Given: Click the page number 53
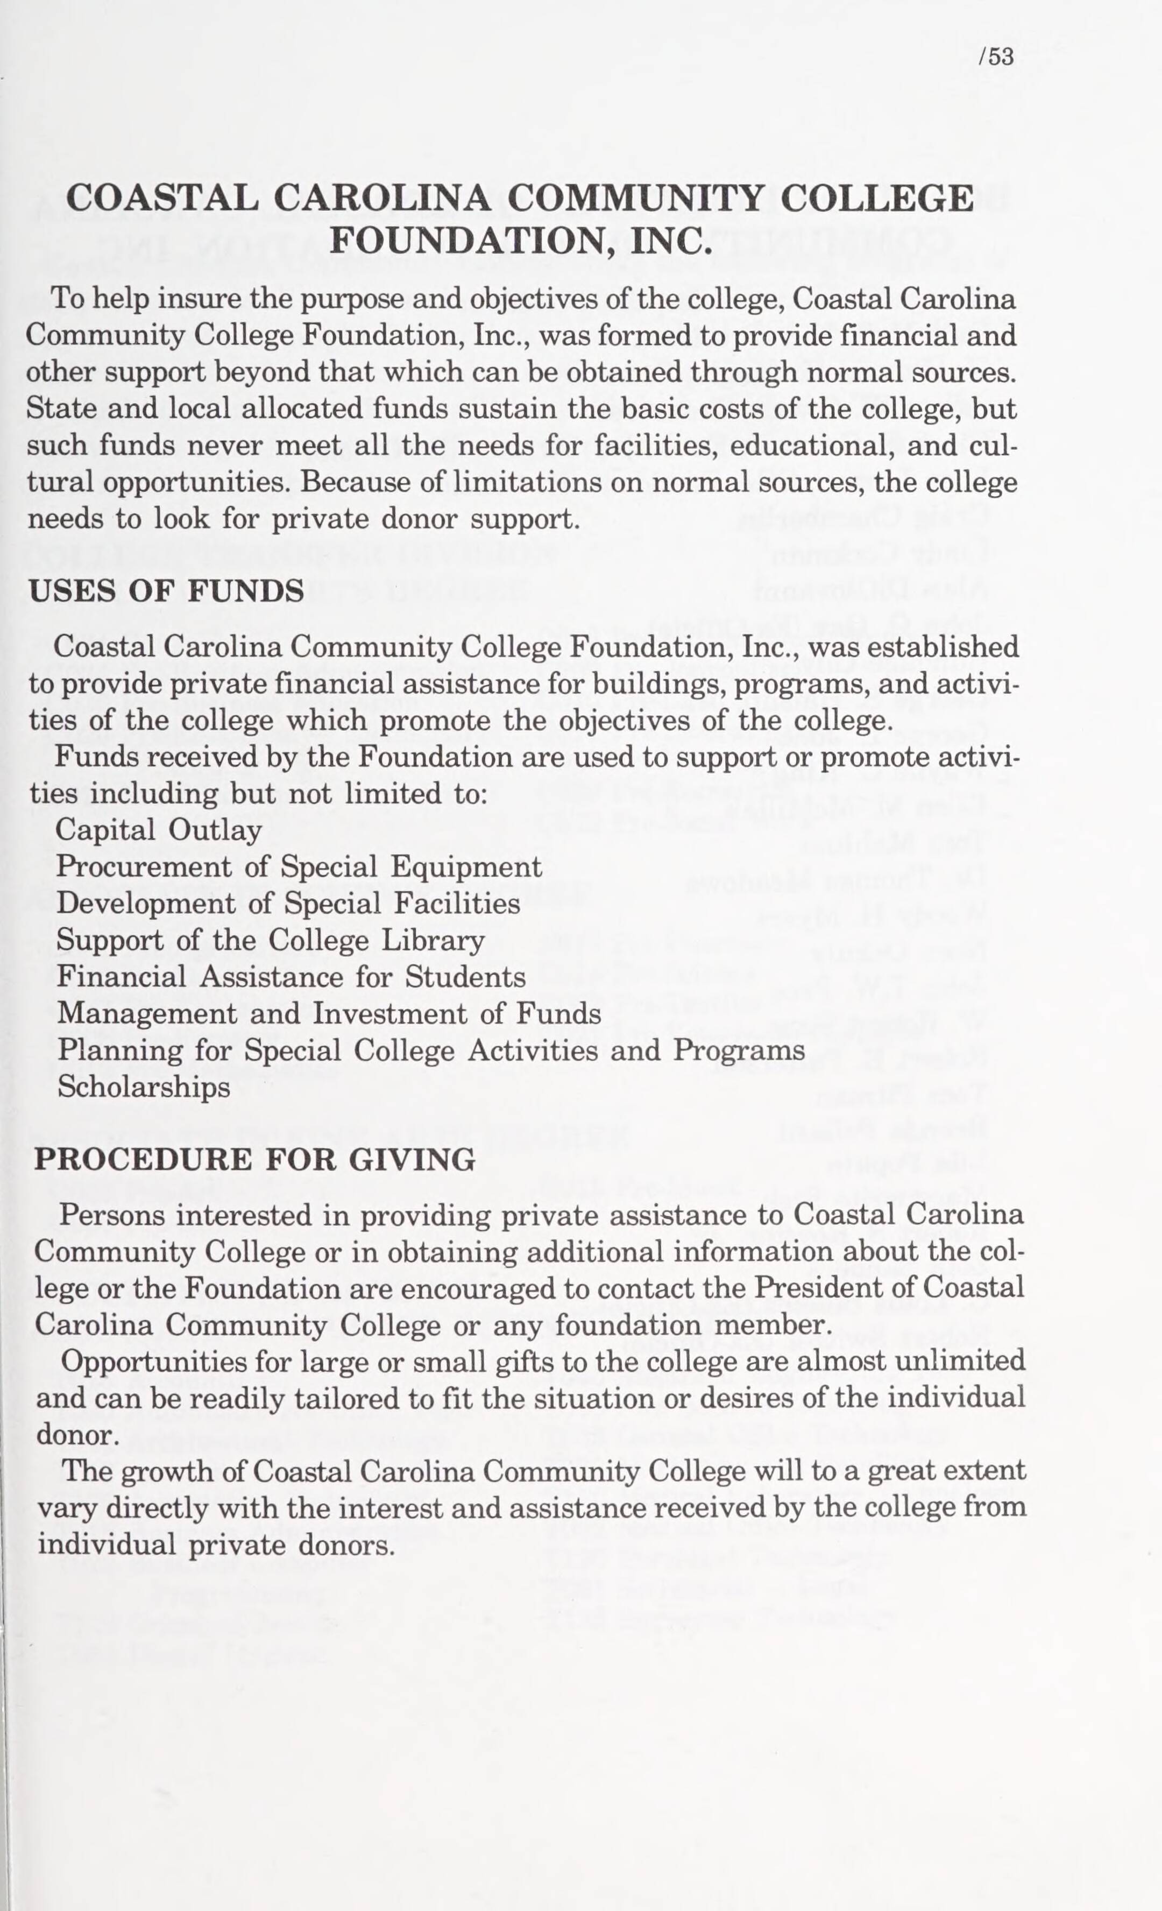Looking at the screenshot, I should point(996,58).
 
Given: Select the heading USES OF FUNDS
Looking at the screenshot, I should point(166,592).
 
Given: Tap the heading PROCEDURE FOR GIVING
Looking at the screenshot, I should point(255,1160).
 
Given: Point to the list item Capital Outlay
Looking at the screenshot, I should point(159,830).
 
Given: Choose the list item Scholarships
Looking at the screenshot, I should point(144,1087).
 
